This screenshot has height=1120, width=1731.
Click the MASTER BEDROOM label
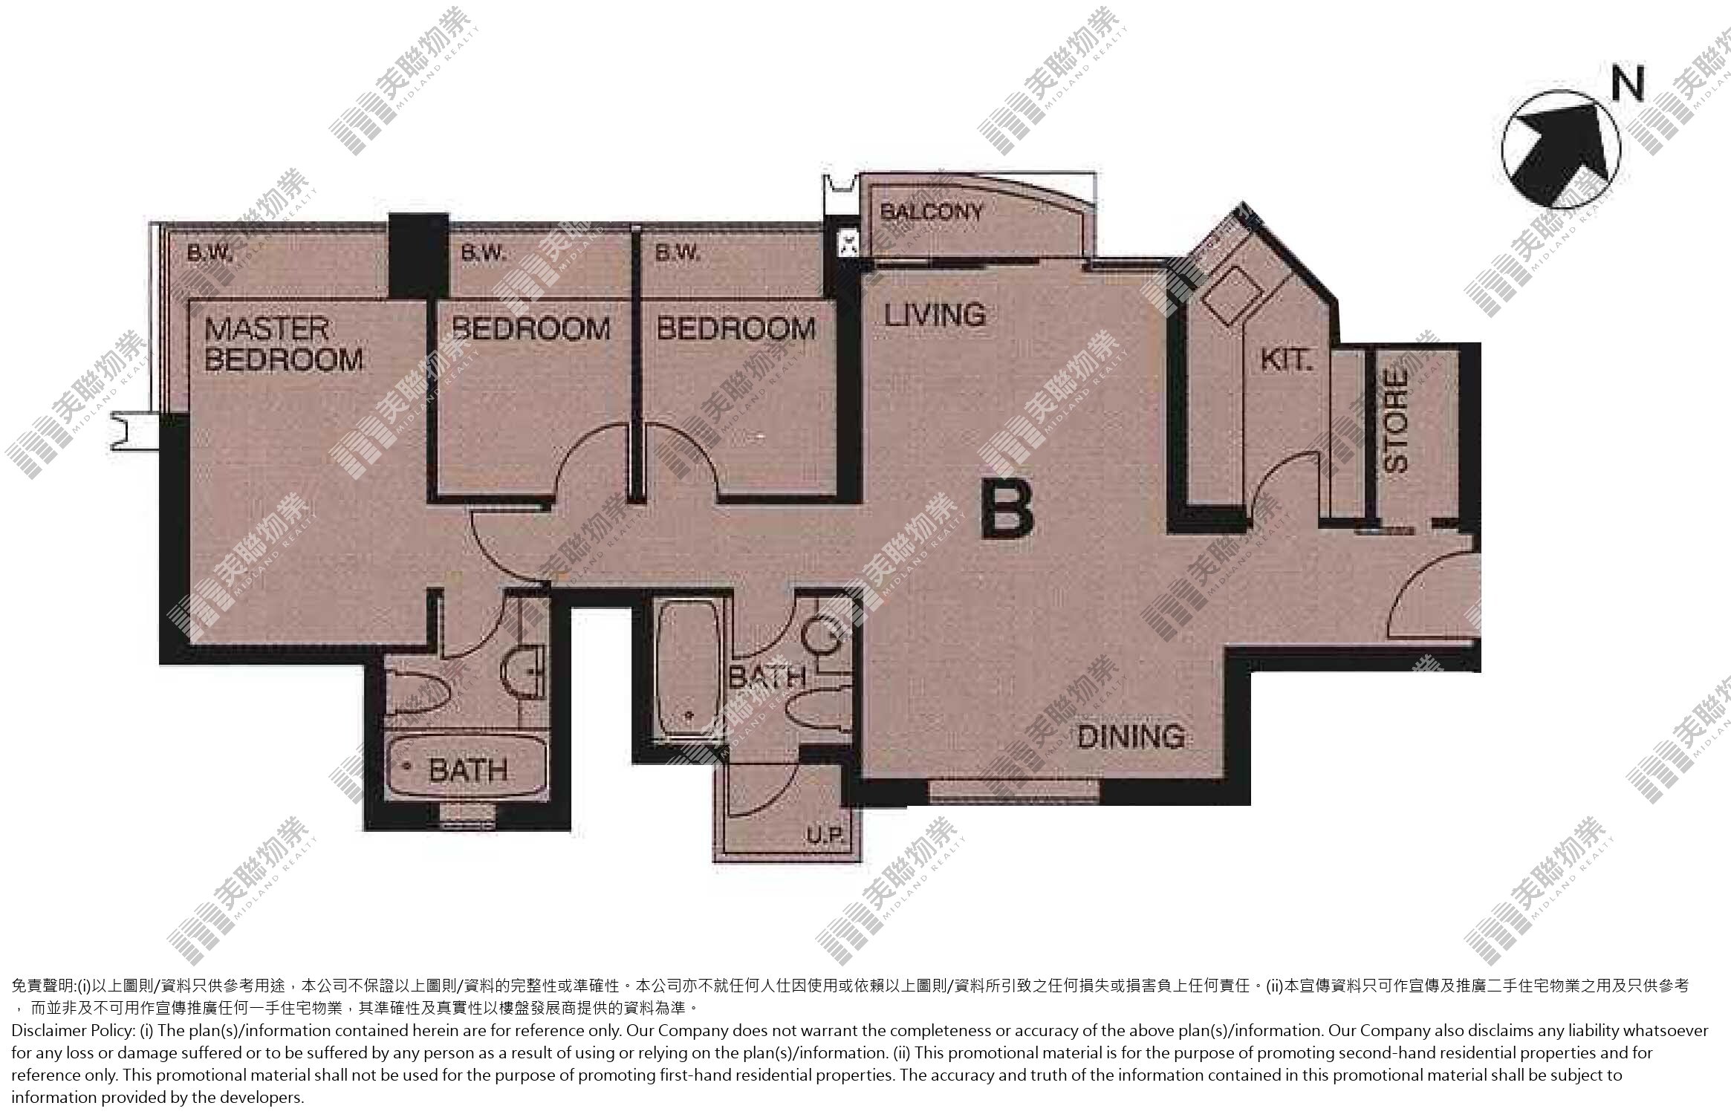click(284, 345)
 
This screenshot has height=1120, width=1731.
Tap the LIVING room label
click(935, 315)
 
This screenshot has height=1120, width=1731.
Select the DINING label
click(1131, 737)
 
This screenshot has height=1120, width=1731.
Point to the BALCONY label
click(931, 212)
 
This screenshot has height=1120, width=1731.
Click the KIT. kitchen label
click(1287, 360)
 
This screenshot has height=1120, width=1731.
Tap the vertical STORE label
click(1397, 420)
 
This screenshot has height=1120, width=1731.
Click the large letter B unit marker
click(1007, 509)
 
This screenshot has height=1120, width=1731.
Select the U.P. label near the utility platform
click(825, 836)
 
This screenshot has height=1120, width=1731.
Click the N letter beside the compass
click(1627, 85)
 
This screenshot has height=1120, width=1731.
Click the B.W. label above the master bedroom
click(210, 254)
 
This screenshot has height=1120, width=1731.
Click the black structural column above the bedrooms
click(419, 256)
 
